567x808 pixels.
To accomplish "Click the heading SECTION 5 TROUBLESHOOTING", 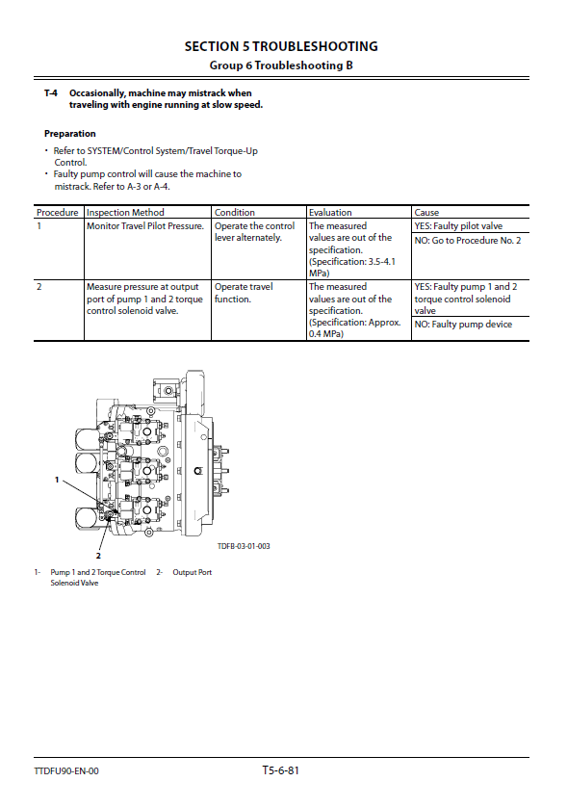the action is click(281, 46).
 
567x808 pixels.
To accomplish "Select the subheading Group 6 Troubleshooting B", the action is click(281, 65).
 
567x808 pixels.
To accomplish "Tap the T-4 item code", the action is click(50, 93).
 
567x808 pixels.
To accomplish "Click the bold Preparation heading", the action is click(70, 134).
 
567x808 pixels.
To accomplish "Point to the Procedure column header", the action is click(57, 212).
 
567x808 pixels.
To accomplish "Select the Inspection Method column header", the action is click(125, 212).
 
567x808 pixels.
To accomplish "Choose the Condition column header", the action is click(234, 212).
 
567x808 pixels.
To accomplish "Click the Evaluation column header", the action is click(330, 212).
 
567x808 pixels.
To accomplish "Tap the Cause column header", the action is click(426, 212).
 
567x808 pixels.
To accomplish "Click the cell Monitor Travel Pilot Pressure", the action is click(145, 225).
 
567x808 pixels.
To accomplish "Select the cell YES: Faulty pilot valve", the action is click(458, 225).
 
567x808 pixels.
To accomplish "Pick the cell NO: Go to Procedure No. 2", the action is click(468, 240).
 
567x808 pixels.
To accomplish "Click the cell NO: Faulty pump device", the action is click(463, 325).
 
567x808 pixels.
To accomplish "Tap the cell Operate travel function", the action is click(244, 293).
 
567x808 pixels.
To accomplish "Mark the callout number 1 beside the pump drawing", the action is click(57, 480).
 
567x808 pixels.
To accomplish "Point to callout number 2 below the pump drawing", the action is click(98, 556).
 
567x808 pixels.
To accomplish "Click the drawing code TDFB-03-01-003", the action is click(244, 546).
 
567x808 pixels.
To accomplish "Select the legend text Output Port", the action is click(193, 572).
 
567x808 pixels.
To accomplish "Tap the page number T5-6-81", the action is click(281, 770).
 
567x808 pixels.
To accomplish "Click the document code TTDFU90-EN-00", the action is click(66, 770).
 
